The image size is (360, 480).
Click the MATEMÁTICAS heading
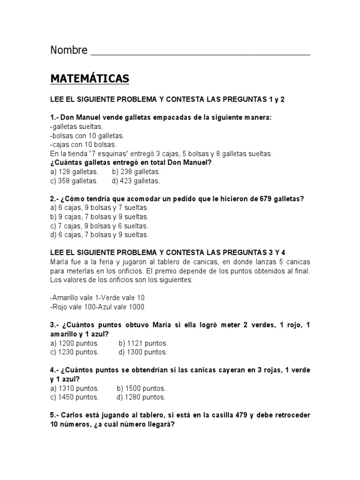pyautogui.click(x=90, y=79)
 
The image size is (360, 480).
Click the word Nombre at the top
pyautogui.click(x=68, y=50)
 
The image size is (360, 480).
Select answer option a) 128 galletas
pyautogui.click(x=74, y=172)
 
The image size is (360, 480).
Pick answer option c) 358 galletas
pyautogui.click(x=74, y=180)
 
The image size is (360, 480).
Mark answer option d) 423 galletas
pyautogui.click(x=135, y=180)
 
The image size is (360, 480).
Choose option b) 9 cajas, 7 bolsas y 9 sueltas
pyautogui.click(x=99, y=217)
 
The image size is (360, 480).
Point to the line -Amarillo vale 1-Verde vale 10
pyautogui.click(x=97, y=298)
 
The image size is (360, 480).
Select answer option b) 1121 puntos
pyautogui.click(x=143, y=343)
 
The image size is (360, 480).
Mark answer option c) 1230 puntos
pyautogui.click(x=75, y=352)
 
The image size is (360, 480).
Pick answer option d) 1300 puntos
pyautogui.click(x=142, y=352)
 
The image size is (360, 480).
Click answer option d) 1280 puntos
pyautogui.click(x=141, y=397)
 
